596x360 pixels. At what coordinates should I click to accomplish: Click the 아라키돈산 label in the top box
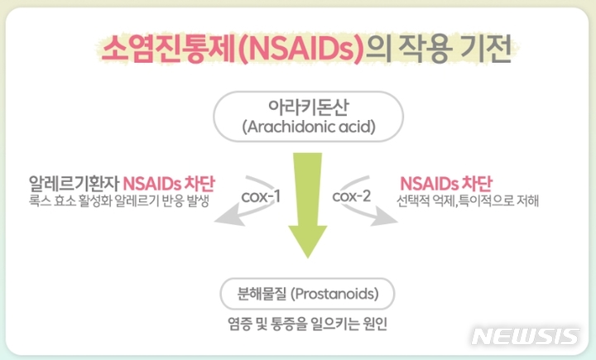tap(297, 108)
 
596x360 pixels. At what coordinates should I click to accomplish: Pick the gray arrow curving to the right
tap(372, 214)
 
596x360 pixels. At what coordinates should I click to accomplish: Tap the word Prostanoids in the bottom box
tap(335, 294)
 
